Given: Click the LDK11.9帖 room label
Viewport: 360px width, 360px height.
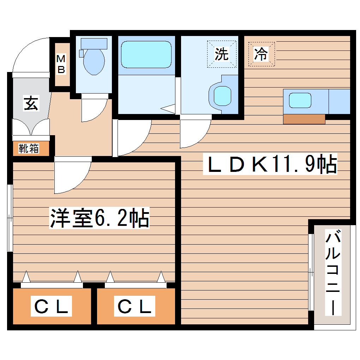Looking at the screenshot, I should coord(270,164).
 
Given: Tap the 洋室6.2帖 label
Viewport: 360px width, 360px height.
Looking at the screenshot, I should coord(100,218).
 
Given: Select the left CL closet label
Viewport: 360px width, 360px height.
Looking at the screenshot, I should coord(52,306).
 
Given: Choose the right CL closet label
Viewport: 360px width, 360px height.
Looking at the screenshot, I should coord(135,306).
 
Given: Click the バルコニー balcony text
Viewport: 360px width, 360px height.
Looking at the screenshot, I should coord(333,272).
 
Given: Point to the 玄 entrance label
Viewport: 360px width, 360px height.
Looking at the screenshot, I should coord(31,103).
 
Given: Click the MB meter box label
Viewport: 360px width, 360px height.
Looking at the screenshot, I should coord(61,64).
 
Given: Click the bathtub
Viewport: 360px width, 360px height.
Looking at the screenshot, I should coord(146,54).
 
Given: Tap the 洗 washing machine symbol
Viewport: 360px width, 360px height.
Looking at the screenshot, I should coord(222,54).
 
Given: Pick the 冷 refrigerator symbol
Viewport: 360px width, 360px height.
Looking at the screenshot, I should coord(261,54).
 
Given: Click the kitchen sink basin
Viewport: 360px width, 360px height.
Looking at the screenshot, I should coord(300,101).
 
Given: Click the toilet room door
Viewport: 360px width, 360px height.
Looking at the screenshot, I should coord(94,109).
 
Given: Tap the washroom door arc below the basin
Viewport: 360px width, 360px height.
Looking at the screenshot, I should coord(194,134).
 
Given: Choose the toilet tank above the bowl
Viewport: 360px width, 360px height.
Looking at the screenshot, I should coord(94,43).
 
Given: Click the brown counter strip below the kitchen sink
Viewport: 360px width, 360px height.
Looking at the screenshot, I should coord(304,119).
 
